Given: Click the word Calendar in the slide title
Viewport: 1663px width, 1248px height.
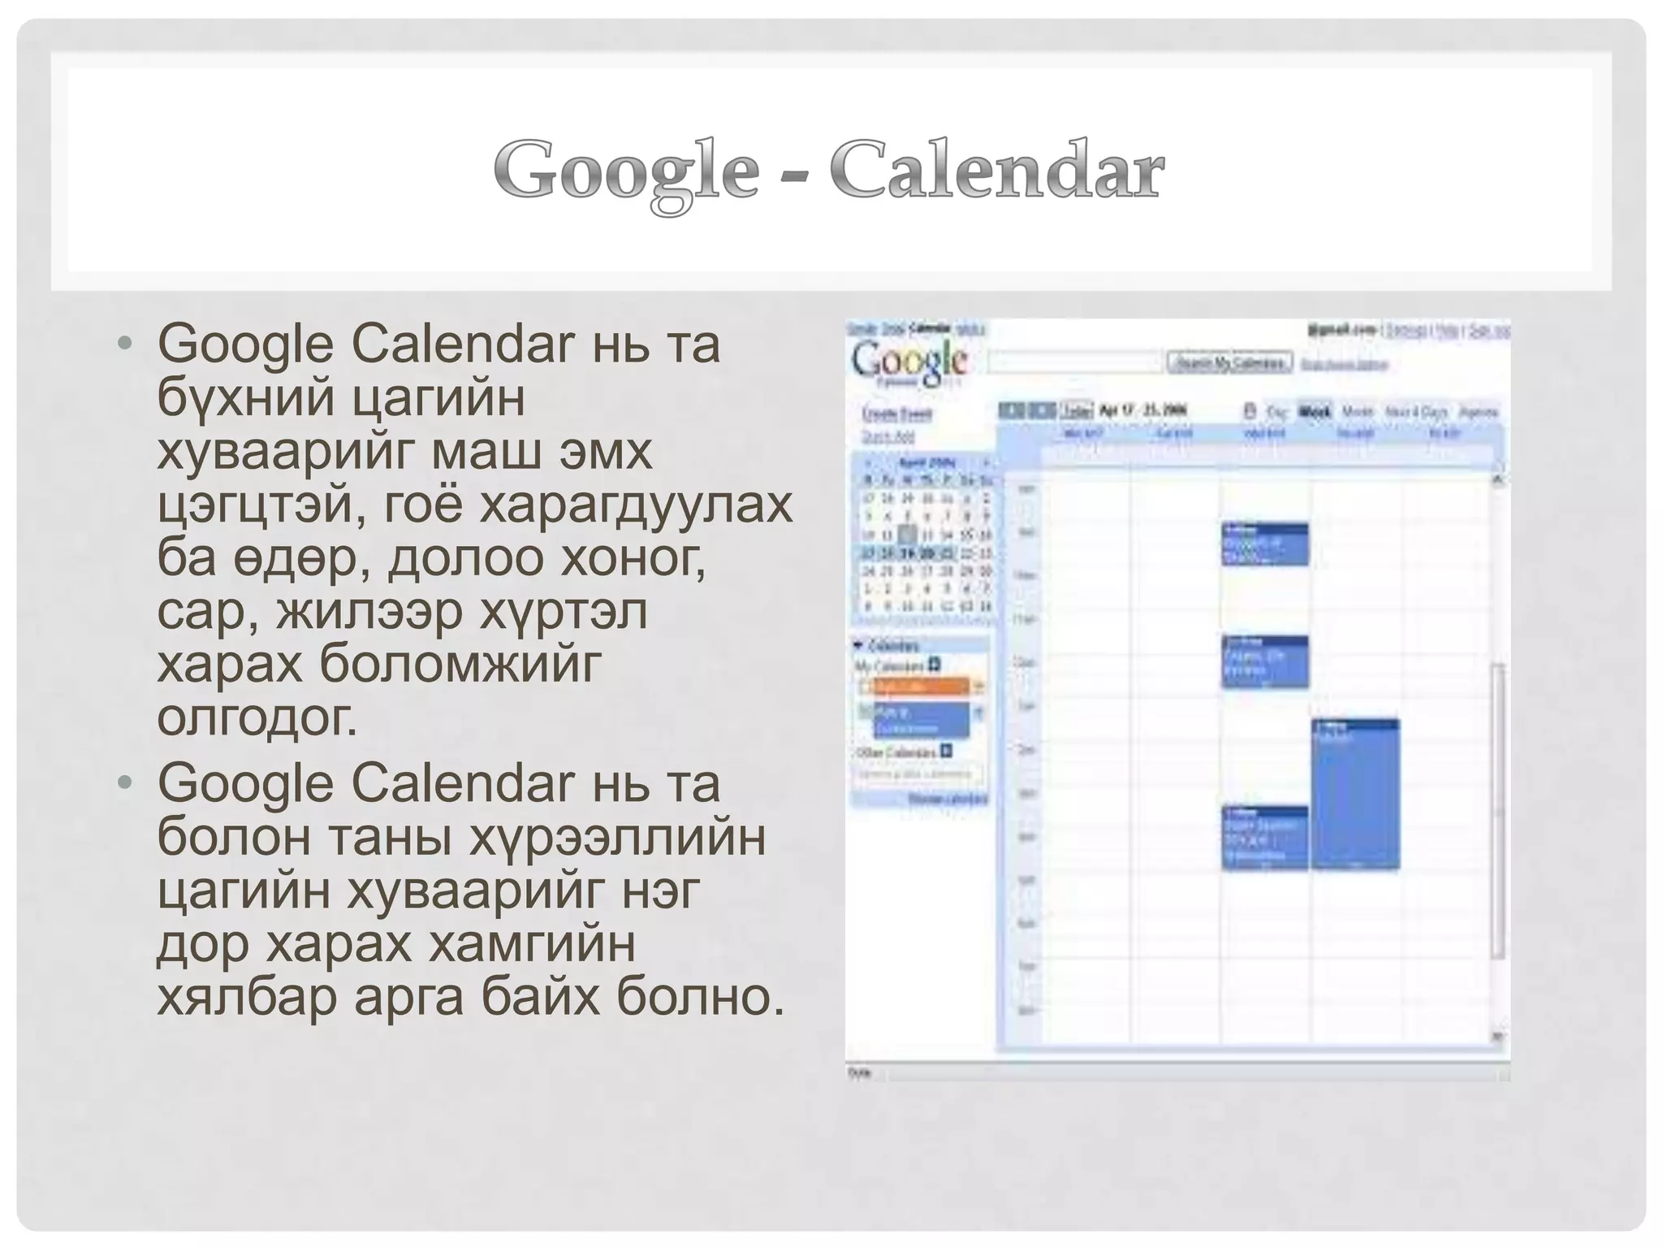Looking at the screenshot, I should pyautogui.click(x=996, y=170).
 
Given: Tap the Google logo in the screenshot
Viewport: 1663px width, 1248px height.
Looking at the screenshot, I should pyautogui.click(x=909, y=362).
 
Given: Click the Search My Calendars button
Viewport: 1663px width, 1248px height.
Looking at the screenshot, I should pyautogui.click(x=1229, y=362).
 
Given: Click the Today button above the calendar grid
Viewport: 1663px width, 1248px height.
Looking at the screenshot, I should pyautogui.click(x=1077, y=410).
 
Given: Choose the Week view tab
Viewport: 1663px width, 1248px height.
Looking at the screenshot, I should pyautogui.click(x=1315, y=411).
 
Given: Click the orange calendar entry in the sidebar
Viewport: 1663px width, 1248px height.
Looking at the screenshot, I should pyautogui.click(x=921, y=687).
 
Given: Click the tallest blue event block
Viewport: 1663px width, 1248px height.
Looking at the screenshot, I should pyautogui.click(x=1354, y=793).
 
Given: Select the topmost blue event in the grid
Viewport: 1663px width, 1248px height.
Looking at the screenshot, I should pyautogui.click(x=1264, y=544).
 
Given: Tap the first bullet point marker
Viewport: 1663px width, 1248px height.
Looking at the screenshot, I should pyautogui.click(x=123, y=344).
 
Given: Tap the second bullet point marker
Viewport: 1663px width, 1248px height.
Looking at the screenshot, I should pyautogui.click(x=123, y=783).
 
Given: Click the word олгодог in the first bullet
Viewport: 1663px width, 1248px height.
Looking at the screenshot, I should pyautogui.click(x=257, y=717).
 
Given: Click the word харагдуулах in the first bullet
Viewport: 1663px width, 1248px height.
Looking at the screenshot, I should pyautogui.click(x=636, y=505).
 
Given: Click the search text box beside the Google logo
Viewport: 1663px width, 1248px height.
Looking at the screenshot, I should pyautogui.click(x=1074, y=362).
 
